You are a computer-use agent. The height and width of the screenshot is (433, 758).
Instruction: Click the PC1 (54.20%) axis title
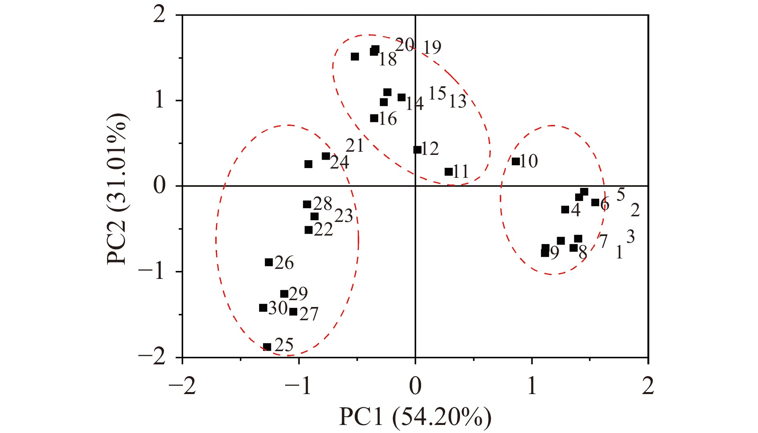pyautogui.click(x=415, y=417)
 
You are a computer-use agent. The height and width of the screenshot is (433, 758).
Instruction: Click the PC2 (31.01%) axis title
pyautogui.click(x=117, y=189)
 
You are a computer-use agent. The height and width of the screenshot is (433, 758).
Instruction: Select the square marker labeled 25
pyautogui.click(x=267, y=347)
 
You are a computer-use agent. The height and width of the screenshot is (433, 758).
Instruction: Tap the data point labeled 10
pyautogui.click(x=516, y=161)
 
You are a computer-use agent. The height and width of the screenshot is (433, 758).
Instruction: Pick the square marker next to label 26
pyautogui.click(x=269, y=262)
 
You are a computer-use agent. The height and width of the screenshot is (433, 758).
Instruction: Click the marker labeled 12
pyautogui.click(x=418, y=150)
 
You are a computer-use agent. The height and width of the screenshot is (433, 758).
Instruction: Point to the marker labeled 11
pyautogui.click(x=448, y=172)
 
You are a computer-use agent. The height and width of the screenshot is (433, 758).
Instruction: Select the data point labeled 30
pyautogui.click(x=263, y=308)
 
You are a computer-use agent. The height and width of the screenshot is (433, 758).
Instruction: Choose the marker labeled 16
pyautogui.click(x=374, y=118)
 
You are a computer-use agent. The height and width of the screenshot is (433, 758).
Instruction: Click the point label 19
pyautogui.click(x=432, y=48)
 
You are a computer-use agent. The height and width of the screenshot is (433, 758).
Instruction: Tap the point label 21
pyautogui.click(x=355, y=146)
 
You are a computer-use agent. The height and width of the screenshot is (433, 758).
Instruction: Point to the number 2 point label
pyautogui.click(x=635, y=210)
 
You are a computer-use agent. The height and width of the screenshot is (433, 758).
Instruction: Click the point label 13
pyautogui.click(x=457, y=102)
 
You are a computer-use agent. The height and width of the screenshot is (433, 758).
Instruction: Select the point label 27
pyautogui.click(x=308, y=314)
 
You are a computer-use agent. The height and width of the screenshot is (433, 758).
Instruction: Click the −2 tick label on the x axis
pyautogui.click(x=182, y=386)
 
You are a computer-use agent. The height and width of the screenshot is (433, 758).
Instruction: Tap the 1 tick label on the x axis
pyautogui.click(x=532, y=386)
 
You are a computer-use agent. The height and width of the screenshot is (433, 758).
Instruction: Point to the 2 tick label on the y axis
pyautogui.click(x=159, y=16)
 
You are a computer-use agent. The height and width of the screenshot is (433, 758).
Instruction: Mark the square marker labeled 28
pyautogui.click(x=307, y=204)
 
